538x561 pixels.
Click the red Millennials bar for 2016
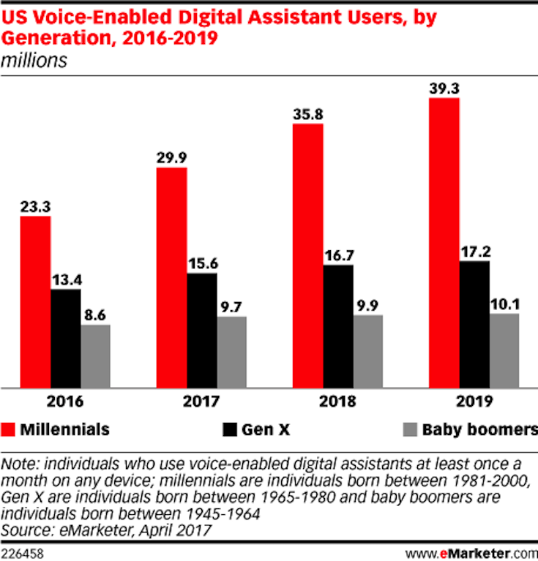[35, 301]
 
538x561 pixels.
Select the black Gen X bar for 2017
[201, 330]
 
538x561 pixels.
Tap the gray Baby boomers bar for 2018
[367, 351]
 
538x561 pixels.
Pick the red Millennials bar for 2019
[444, 242]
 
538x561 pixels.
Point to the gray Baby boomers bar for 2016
[95, 356]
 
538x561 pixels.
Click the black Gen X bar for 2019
[474, 324]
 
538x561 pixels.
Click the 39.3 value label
[444, 87]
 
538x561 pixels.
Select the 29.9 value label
[171, 157]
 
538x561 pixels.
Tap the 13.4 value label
[66, 279]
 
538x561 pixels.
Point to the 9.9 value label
[367, 305]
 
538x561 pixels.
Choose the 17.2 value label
[474, 250]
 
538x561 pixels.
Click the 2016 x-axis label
[65, 402]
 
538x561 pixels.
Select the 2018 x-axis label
[337, 402]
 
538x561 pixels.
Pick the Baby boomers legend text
[479, 429]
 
